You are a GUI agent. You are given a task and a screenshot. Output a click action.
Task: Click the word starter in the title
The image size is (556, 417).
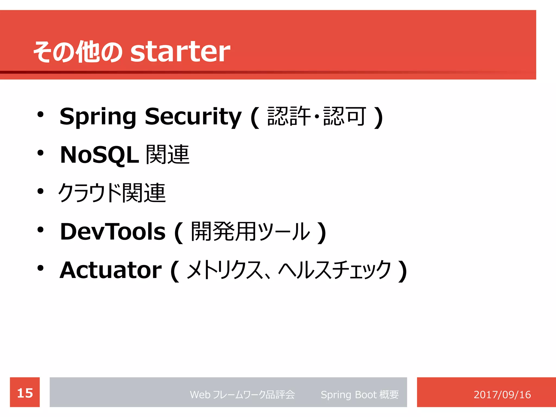coord(180,52)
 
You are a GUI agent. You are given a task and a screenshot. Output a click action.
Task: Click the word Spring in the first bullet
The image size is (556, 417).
coord(98,117)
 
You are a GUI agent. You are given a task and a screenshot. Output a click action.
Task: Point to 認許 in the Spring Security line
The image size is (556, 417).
coord(289,116)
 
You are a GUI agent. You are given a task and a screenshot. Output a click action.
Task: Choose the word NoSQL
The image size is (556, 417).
coord(99,155)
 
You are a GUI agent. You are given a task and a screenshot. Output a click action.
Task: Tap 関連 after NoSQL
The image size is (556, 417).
coord(168,154)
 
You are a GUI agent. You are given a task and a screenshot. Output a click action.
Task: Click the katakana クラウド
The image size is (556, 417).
coord(90,193)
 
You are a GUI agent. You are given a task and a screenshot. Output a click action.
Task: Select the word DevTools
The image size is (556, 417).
coord(113,232)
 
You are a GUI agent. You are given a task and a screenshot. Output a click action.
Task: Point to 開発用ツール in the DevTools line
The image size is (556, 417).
coord(250,232)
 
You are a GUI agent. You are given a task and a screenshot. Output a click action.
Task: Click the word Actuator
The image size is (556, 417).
coord(111,270)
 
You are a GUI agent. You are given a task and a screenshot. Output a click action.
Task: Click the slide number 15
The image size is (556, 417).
coord(25,393)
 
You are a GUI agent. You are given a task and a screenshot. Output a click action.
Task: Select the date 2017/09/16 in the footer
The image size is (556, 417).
coord(502,394)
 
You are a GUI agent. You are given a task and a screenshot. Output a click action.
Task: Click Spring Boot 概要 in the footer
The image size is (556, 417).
coord(359,394)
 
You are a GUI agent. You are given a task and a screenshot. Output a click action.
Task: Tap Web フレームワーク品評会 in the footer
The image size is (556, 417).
coord(242,394)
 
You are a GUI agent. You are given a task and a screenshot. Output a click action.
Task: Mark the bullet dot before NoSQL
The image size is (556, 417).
coord(40,153)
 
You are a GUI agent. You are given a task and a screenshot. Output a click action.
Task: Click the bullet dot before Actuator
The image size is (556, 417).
coord(40,268)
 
